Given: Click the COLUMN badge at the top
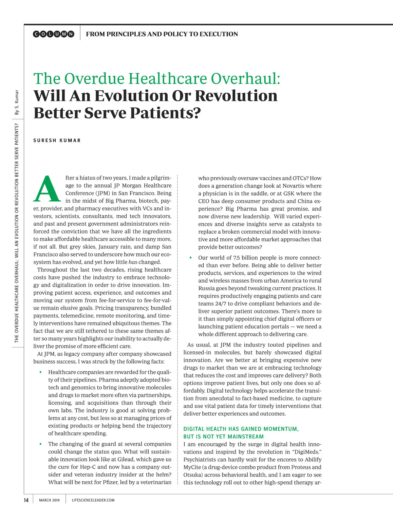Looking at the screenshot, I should pyautogui.click(x=54, y=34).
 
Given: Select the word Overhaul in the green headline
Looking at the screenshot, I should pyautogui.click(x=245, y=79).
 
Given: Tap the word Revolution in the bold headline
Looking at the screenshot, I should pyautogui.click(x=236, y=96).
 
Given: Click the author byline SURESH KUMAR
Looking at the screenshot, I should pyautogui.click(x=57, y=140).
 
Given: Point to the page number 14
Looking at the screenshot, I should pyautogui.click(x=26, y=500).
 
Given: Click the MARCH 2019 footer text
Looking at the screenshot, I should pyautogui.click(x=49, y=500).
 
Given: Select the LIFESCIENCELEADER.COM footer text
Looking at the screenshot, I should pyautogui.click(x=93, y=500).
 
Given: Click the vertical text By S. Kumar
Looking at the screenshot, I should pyautogui.click(x=17, y=102).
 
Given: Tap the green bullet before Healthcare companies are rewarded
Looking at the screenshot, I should pyautogui.click(x=41, y=372).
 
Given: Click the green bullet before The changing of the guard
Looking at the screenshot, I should pyautogui.click(x=41, y=444).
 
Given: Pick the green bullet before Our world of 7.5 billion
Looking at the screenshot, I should pyautogui.click(x=191, y=258).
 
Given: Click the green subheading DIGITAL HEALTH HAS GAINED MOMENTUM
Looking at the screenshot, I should pyautogui.click(x=241, y=429).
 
